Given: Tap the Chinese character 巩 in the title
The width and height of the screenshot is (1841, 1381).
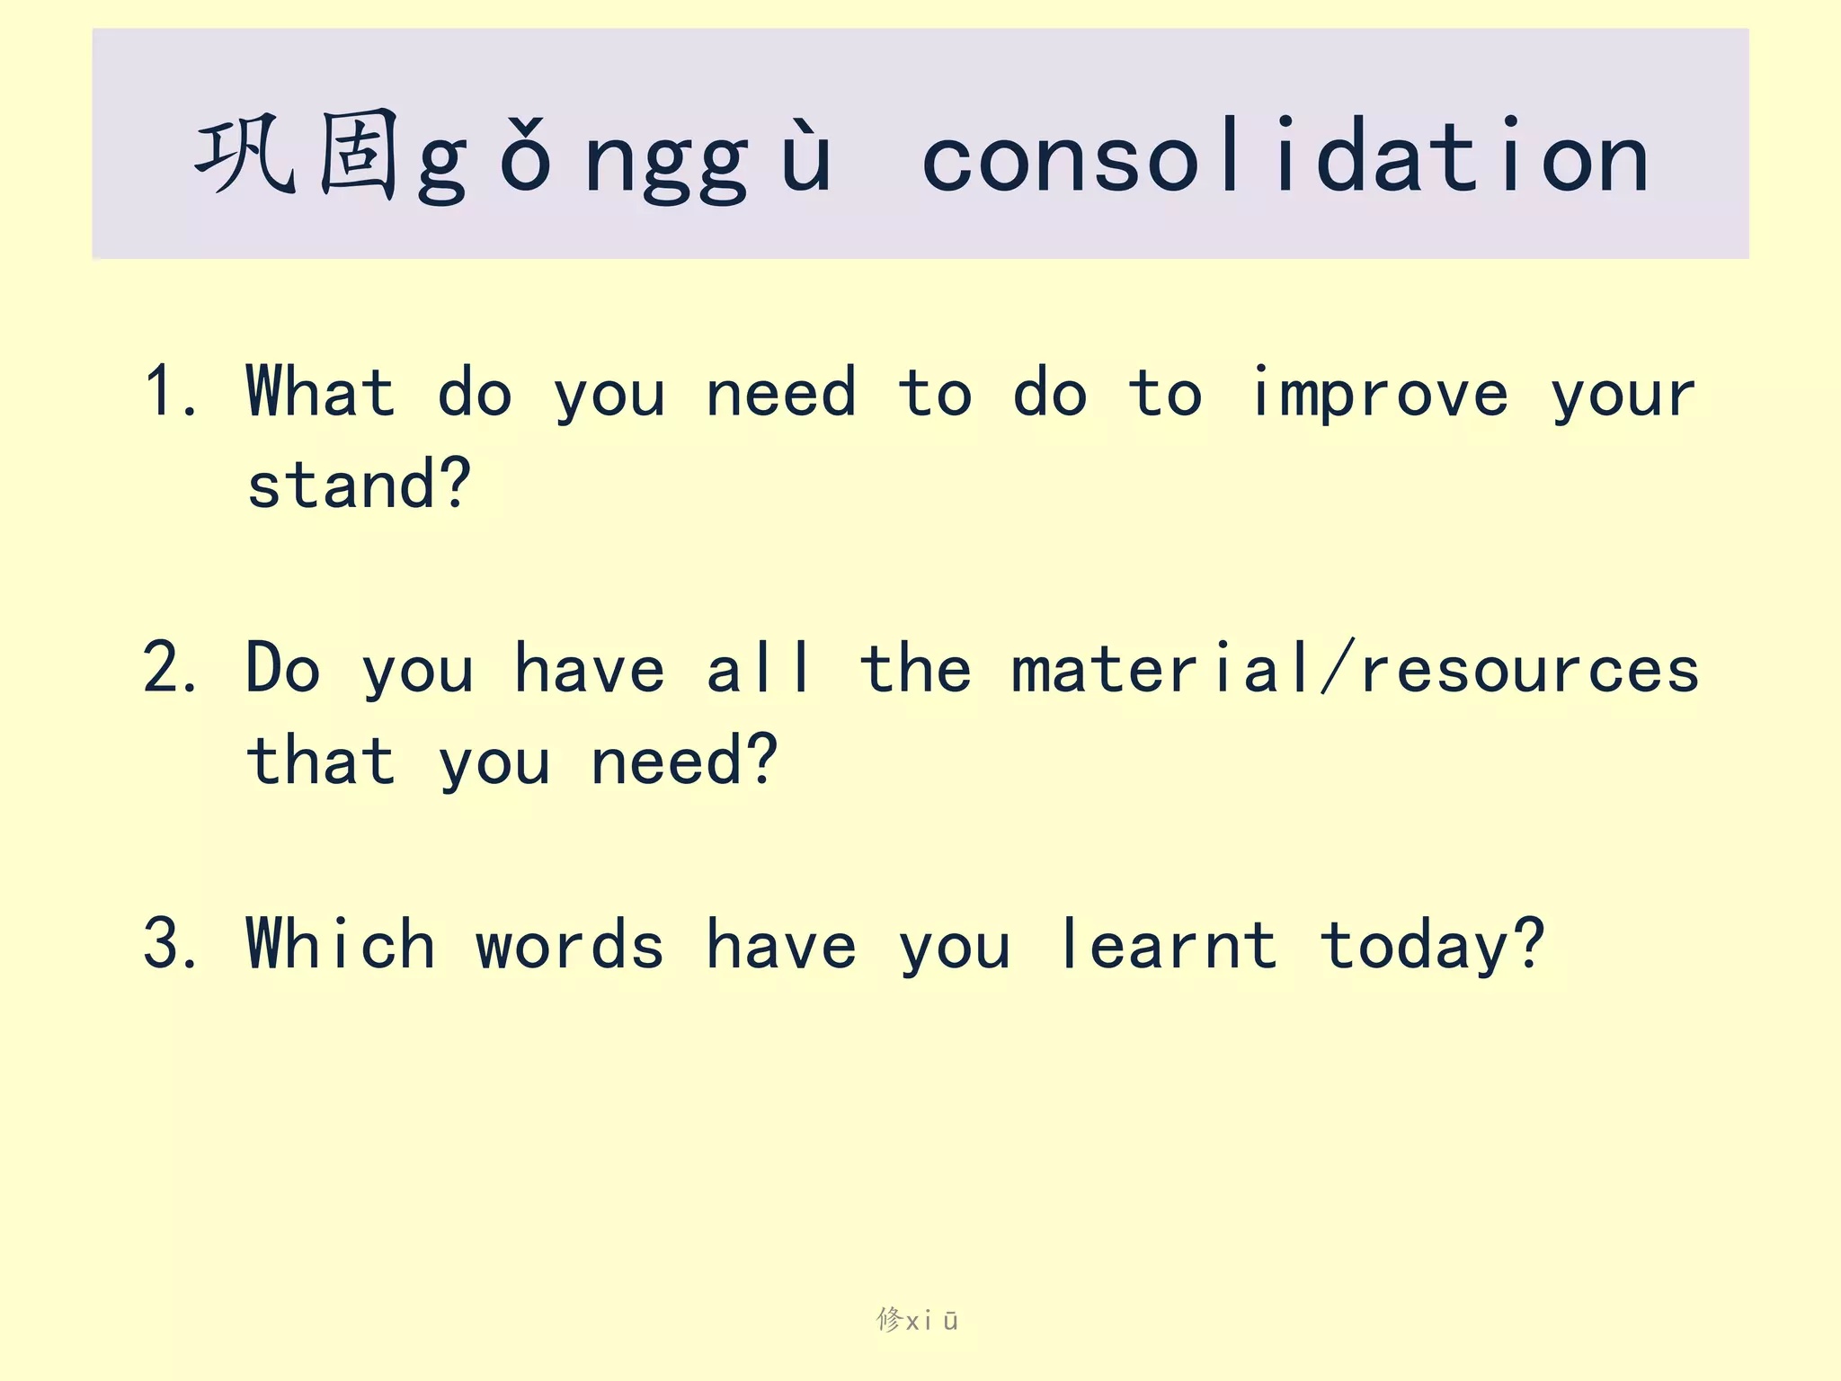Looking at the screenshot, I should tap(245, 156).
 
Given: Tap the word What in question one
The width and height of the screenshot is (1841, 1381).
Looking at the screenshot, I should tap(320, 392).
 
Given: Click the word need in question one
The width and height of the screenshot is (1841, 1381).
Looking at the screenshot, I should tap(780, 394).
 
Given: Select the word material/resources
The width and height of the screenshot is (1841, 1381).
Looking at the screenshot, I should tap(1354, 669).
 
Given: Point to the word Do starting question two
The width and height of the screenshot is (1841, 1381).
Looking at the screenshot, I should tap(282, 669).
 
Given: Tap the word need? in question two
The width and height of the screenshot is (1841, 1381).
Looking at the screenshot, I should tap(683, 761).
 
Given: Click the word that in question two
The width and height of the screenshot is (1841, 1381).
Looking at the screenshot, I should tap(320, 761).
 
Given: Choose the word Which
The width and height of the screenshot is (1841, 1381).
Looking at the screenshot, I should tap(340, 944).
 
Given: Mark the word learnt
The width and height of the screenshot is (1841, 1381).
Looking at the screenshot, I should tap(1167, 944).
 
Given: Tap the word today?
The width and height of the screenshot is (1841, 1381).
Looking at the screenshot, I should tap(1431, 946).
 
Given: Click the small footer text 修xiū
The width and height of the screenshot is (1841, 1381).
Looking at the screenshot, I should tap(917, 1320).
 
